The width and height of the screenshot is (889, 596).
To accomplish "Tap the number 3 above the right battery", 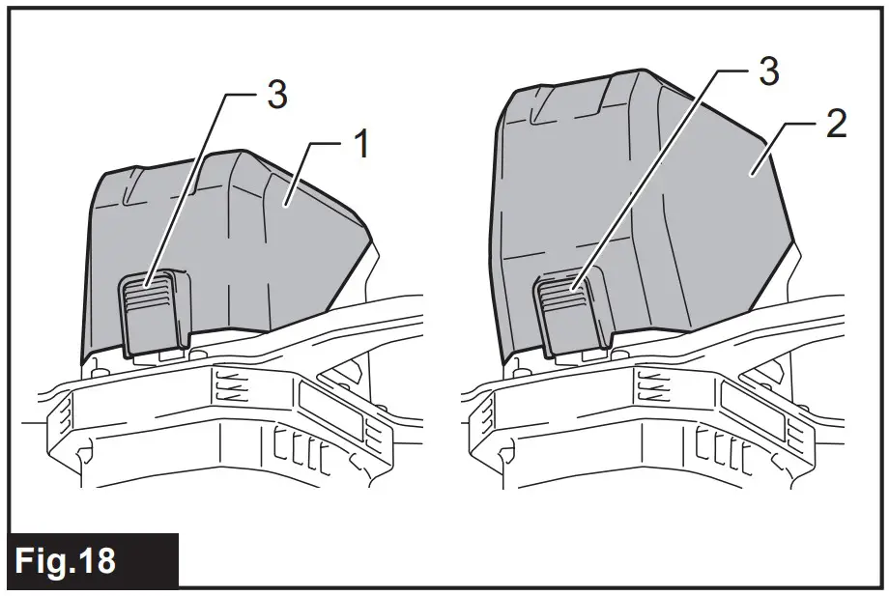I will [x=768, y=70].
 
